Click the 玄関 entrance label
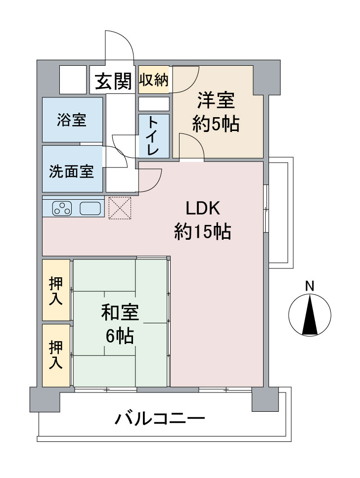coord(113,82)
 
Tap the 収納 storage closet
coord(154,80)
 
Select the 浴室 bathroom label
coord(72,120)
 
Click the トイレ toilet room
coord(154,136)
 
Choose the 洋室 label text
coord(216,101)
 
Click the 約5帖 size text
coord(216,124)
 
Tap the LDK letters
coord(203,209)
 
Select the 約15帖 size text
coord(203,231)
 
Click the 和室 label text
coord(120,312)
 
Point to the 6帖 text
coord(120,336)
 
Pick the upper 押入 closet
coord(56,290)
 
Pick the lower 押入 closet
coord(56,355)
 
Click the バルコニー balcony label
coord(160,419)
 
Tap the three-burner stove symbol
coord(62,209)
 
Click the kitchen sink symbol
coord(90,209)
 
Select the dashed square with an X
coord(120,208)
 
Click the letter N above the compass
coord(310,286)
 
